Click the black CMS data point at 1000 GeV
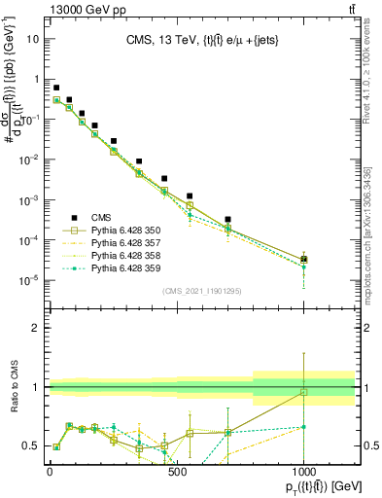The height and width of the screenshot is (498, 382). [x=304, y=260]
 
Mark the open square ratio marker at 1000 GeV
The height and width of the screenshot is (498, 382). [x=304, y=392]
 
